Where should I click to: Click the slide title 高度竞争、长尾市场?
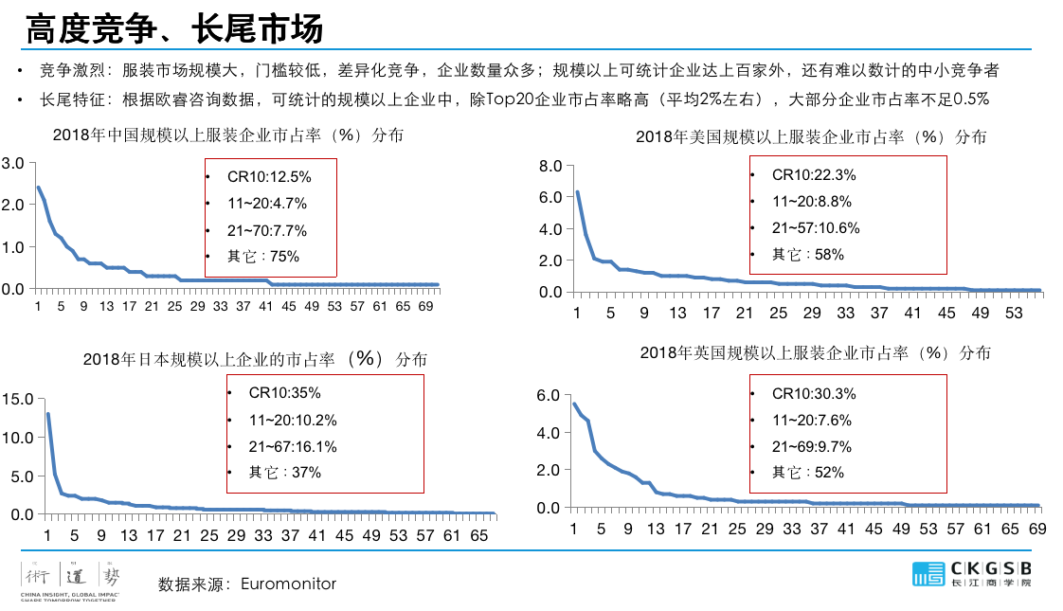[174, 28]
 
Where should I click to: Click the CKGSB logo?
[971, 574]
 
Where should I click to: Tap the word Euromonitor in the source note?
[288, 584]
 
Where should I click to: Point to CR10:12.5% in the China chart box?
[269, 177]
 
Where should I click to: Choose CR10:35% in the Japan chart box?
[284, 392]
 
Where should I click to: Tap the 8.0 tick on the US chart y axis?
[550, 166]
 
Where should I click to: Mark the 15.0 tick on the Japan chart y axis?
[19, 399]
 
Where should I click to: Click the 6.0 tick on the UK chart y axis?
[550, 395]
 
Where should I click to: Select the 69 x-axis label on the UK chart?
[1036, 528]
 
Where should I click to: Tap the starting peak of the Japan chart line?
[48, 414]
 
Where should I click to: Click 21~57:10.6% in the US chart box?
[816, 227]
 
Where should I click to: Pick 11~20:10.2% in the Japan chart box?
[293, 420]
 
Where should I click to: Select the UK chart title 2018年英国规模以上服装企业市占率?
[814, 353]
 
